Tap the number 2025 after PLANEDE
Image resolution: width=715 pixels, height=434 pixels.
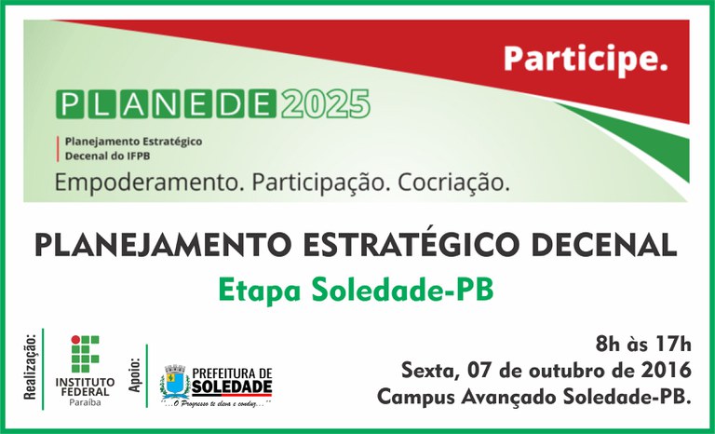[x=325, y=102]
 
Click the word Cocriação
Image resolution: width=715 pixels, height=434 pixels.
[x=454, y=182]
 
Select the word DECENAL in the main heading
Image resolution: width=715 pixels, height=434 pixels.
[x=607, y=246]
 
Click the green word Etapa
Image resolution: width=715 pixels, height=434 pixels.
[x=254, y=290]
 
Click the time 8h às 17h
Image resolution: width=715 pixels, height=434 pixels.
[x=643, y=342]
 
